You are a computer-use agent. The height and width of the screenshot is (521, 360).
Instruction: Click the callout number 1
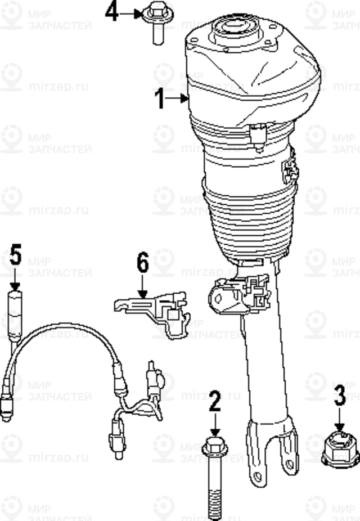click(160, 99)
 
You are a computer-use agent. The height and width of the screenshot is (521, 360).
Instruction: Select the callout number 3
click(340, 396)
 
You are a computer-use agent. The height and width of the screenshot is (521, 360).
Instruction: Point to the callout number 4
click(112, 11)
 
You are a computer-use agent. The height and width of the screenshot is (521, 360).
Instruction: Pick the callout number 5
click(15, 255)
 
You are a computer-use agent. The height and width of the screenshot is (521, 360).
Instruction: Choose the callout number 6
click(142, 263)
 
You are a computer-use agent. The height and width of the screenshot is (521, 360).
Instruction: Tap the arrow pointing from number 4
click(135, 12)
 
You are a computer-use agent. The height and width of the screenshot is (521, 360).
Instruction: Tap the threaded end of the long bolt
click(215, 504)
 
